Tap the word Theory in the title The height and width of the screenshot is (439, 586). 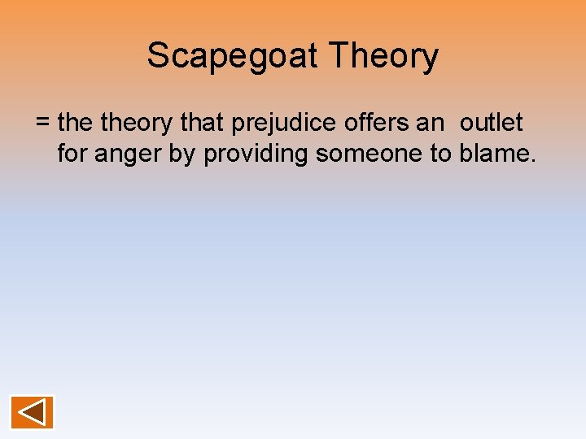(383, 56)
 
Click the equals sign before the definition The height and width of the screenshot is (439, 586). (43, 124)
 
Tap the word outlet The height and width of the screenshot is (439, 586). (492, 124)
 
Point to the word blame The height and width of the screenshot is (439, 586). (494, 154)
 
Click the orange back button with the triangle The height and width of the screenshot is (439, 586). (33, 412)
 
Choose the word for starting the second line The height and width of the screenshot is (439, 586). (72, 154)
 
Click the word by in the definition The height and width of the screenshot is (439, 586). (185, 154)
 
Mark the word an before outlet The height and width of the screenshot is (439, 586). (431, 124)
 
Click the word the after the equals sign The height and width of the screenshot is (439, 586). (76, 124)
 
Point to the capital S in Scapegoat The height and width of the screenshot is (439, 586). (157, 56)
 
